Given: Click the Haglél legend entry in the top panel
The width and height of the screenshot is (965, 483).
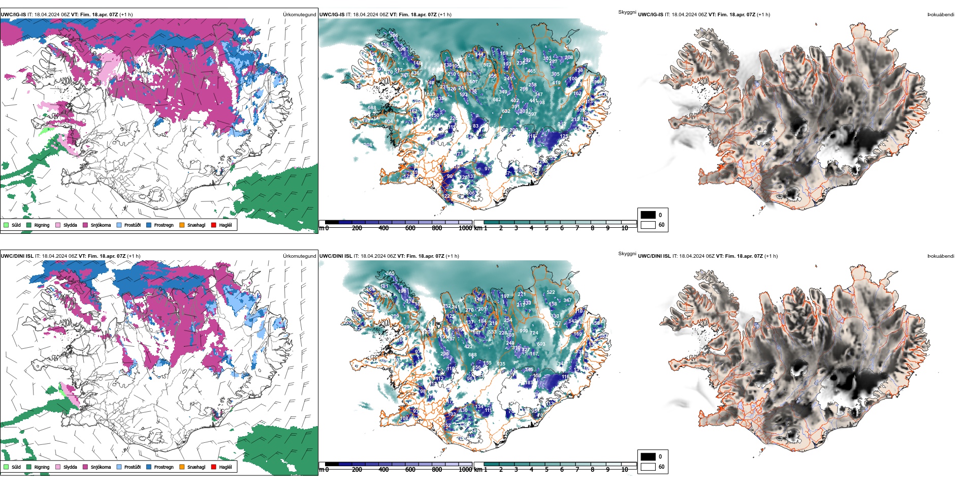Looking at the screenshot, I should coord(225,225).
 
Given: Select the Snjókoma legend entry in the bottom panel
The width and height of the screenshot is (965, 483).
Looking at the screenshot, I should coord(101,467).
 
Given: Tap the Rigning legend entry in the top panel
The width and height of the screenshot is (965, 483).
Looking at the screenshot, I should coord(42,225).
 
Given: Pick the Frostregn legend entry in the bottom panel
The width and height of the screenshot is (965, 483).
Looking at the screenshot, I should coord(164,467).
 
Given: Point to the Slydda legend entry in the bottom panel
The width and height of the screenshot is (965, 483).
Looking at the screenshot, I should coord(70,467).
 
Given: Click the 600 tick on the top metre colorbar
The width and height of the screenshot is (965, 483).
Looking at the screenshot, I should coord(410,228).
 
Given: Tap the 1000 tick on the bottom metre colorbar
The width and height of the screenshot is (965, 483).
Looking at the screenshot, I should coord(465,470).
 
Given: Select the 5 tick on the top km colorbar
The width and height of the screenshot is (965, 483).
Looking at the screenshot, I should coord(546,228).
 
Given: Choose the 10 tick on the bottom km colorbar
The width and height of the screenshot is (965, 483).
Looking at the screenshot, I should coord(625,470).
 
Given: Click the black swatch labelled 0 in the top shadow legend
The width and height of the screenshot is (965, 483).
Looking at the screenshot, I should coord(648,215).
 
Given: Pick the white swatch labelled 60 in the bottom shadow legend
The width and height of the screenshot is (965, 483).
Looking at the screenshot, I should coord(648,467).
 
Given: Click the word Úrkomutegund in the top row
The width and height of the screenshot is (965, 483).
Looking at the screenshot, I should coord(299,15).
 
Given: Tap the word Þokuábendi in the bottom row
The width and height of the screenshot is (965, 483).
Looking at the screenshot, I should coord(941,256).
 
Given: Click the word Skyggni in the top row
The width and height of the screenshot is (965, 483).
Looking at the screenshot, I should coord(627,12).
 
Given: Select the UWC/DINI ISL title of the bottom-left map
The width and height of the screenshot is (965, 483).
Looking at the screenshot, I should coord(17,256).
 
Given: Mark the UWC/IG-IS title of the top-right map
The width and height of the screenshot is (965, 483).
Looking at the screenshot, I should coord(651,15).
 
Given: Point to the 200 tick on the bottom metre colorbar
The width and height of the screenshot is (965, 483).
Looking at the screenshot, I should coord(357,470).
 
